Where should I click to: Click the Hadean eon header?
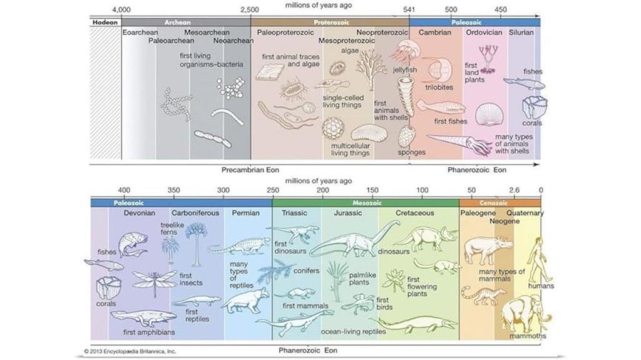105,22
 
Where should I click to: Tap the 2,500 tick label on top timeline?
250,10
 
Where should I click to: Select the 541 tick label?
409,10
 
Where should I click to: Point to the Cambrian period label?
434,33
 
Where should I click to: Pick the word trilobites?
439,88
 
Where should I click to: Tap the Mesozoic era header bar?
366,203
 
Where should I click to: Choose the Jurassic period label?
348,213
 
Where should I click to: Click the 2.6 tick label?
514,190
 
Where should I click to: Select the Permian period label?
245,213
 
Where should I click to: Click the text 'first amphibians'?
149,332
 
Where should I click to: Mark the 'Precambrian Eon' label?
250,170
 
